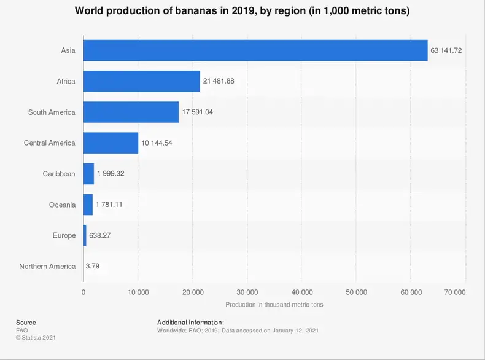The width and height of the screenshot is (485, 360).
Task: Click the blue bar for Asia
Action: [x=255, y=50]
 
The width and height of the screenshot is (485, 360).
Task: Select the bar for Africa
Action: [x=141, y=81]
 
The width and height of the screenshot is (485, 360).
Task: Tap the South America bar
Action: [x=131, y=112]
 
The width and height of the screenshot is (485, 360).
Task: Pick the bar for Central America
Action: [x=111, y=143]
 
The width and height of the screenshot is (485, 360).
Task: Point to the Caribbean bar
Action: [x=88, y=174]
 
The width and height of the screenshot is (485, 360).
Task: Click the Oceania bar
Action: [x=88, y=205]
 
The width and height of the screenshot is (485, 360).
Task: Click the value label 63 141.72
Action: [x=446, y=50]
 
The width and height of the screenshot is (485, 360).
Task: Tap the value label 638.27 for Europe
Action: [x=100, y=235]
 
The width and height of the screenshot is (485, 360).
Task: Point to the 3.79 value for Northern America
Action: [x=93, y=266]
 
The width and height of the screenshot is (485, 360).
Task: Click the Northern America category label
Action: [x=47, y=266]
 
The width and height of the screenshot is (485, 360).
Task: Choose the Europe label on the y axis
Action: [x=64, y=235]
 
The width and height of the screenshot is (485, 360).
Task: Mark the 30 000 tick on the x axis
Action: [x=247, y=292]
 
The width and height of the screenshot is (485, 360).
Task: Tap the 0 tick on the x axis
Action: [x=83, y=292]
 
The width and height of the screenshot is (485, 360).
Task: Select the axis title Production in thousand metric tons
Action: [x=274, y=304]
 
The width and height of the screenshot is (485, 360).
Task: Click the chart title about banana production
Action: [x=242, y=11]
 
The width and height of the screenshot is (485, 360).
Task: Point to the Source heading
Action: [x=26, y=323]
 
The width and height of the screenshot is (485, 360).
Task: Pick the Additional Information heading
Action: [x=190, y=323]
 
